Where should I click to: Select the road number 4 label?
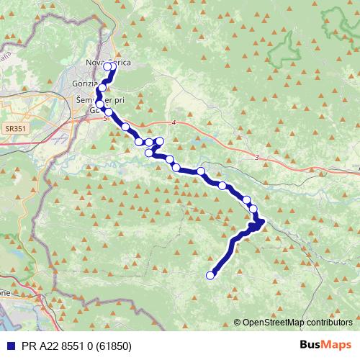(174, 122)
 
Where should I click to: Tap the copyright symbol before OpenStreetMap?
(237, 322)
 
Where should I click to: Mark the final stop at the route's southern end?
(211, 274)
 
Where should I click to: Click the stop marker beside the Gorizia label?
(102, 87)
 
